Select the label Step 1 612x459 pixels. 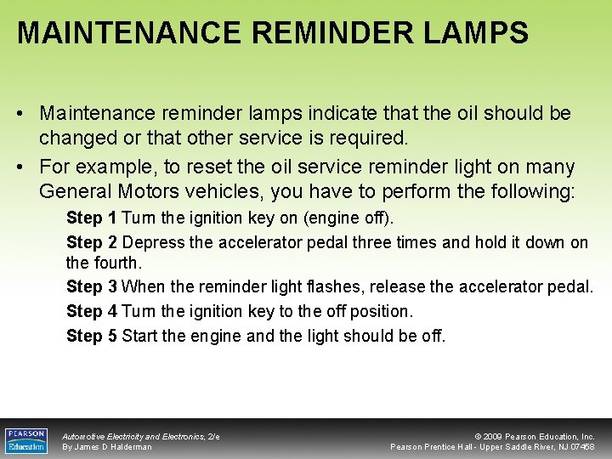coord(91,218)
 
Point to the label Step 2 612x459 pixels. coord(91,242)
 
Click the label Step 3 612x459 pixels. coord(91,286)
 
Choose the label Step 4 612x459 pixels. coord(91,311)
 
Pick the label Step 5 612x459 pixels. coord(91,336)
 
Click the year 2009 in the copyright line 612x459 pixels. coord(496,436)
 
